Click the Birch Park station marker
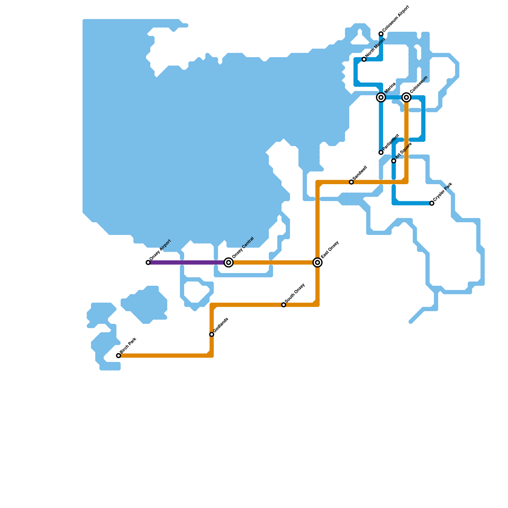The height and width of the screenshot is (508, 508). [x=118, y=356]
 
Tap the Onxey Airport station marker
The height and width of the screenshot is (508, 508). [x=148, y=263]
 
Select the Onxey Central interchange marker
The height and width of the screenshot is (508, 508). [x=229, y=263]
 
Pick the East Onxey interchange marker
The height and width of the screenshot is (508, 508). [x=317, y=263]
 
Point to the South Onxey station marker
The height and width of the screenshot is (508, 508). [x=284, y=305]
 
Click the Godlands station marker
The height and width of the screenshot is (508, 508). [x=212, y=334]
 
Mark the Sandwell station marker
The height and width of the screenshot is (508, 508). [x=351, y=182]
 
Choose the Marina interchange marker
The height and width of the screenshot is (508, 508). [x=381, y=97]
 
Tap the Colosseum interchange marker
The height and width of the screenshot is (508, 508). [x=406, y=97]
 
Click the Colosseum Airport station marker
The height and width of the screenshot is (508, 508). [x=381, y=34]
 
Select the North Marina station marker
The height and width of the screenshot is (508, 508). [x=364, y=59]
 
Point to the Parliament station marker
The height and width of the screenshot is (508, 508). [x=381, y=152]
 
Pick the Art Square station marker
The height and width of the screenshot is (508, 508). [x=394, y=161]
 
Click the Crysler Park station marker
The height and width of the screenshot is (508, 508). [x=432, y=203]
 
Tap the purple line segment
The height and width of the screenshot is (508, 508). [x=187, y=263]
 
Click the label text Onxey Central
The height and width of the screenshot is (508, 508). [x=243, y=248]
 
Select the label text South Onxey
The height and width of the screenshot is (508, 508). [x=295, y=293]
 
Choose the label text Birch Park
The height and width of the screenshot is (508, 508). [x=128, y=345]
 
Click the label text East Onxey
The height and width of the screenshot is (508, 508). [x=330, y=250]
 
